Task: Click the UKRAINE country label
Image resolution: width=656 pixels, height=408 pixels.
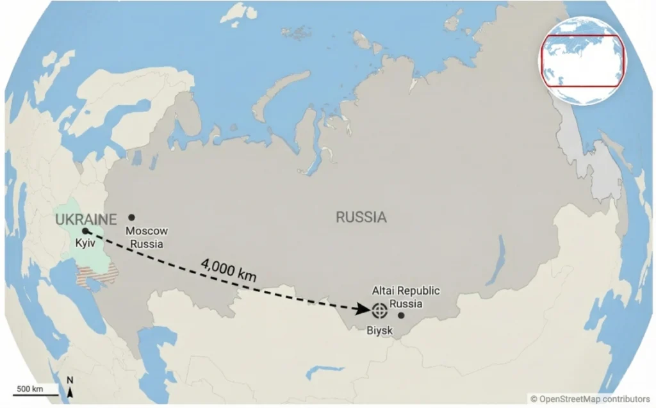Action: coord(86,220)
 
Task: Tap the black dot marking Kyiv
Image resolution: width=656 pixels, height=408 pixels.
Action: coord(85,231)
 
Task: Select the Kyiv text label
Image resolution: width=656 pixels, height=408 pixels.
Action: coord(85,244)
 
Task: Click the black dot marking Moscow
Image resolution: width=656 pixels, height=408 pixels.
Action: coord(131,218)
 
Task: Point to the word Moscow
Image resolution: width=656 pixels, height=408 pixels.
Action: coord(146,231)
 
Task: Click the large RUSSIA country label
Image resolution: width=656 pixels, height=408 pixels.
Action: coord(361,217)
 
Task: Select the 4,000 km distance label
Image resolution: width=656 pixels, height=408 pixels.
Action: coord(228,270)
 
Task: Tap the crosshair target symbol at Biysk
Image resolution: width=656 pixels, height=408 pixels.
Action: coord(379,311)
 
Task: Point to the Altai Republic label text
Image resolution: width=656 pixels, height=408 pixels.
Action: coord(406,291)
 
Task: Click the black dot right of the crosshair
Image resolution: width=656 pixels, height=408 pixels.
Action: coord(401,314)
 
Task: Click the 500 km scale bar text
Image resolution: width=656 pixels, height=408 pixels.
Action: coord(29,389)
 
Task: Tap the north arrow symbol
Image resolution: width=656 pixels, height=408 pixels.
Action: coord(70,389)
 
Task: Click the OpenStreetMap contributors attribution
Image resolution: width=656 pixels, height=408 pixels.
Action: coord(589,399)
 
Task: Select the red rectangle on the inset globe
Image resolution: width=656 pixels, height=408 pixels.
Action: coord(582,61)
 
